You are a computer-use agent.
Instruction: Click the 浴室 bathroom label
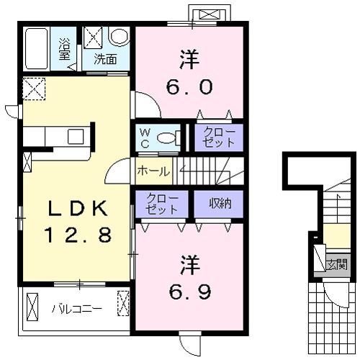(x=64, y=49)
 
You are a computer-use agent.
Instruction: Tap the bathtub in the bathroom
(x=36, y=49)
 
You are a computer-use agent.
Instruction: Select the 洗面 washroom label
(x=105, y=59)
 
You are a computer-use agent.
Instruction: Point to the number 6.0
(x=189, y=87)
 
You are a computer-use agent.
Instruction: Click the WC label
(x=145, y=138)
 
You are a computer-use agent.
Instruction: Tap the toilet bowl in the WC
(x=168, y=138)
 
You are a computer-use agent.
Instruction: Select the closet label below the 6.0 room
(x=219, y=138)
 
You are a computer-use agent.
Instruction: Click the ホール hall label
(x=153, y=171)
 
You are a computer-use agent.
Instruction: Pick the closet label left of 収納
(x=161, y=204)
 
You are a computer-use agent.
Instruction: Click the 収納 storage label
(x=220, y=204)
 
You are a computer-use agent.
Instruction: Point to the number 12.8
(x=78, y=235)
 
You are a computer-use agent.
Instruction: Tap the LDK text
(x=78, y=208)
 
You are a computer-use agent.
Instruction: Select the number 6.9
(x=190, y=292)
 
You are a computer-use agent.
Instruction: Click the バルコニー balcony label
(x=77, y=309)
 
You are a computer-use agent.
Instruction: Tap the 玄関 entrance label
(x=337, y=264)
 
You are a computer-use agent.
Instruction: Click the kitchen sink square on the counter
(x=76, y=137)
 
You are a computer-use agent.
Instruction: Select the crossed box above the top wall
(x=210, y=14)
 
